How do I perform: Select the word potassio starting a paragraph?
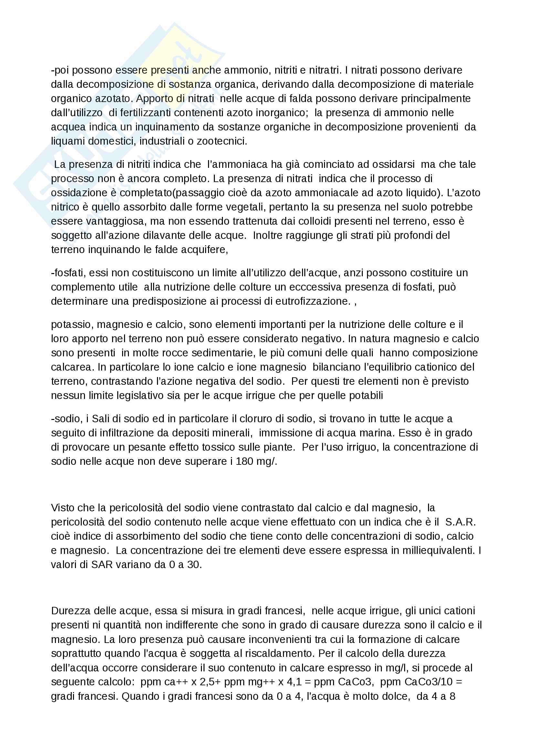click(70, 324)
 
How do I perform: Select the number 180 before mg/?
click(245, 461)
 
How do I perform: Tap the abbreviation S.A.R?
click(460, 522)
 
